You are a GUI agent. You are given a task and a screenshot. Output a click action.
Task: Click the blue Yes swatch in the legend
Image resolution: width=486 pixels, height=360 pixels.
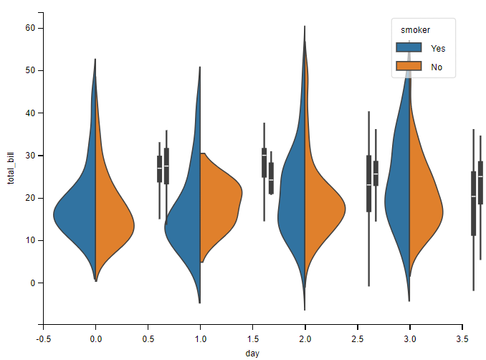(x=409, y=49)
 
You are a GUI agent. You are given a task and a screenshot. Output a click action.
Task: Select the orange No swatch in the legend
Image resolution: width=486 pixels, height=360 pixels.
(x=409, y=67)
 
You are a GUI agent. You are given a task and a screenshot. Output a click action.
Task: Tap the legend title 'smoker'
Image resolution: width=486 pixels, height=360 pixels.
(x=416, y=29)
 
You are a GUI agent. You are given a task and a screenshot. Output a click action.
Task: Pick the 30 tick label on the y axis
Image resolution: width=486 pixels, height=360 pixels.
(x=29, y=156)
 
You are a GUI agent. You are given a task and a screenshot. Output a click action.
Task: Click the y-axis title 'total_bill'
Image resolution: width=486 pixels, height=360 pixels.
(x=11, y=169)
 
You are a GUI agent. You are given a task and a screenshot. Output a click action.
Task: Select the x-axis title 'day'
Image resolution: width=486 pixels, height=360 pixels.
(x=252, y=353)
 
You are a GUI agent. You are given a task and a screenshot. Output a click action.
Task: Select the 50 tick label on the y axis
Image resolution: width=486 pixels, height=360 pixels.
(x=29, y=70)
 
